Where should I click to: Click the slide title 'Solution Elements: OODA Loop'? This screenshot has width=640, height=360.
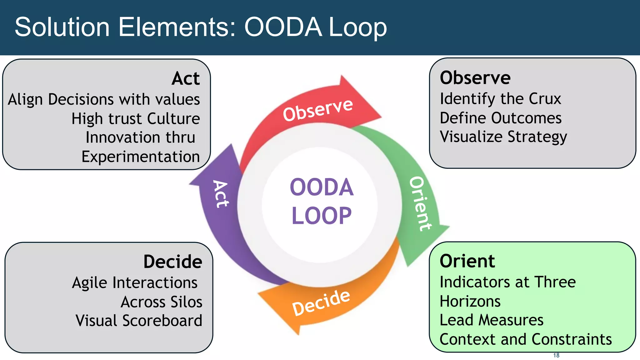tap(201, 27)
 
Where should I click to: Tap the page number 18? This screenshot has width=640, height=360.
tap(556, 355)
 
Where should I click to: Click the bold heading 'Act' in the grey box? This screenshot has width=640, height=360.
tap(186, 78)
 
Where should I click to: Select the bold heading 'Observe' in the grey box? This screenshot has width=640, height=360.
tap(475, 78)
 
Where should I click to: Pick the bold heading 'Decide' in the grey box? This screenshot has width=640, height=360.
tap(172, 262)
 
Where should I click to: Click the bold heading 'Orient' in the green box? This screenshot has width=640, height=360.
tap(467, 261)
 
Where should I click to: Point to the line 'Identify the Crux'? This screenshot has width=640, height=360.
tap(500, 99)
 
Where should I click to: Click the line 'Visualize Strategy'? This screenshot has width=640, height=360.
tap(503, 137)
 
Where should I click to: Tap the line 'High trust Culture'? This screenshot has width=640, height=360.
tap(136, 119)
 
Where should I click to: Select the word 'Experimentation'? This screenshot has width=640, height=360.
tap(141, 157)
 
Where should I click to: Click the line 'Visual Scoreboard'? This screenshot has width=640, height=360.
tap(139, 321)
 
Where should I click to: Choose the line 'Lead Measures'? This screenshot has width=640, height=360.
tap(491, 320)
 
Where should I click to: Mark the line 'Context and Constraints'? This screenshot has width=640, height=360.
tap(526, 340)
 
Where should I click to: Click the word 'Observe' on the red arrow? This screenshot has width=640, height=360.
tap(318, 109)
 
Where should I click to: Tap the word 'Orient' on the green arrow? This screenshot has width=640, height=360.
tap(421, 204)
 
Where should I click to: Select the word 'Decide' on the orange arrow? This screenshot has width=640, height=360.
tap(321, 302)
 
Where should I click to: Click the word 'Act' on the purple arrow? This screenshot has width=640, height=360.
tap(221, 194)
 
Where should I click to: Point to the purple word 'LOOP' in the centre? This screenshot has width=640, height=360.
tap(321, 216)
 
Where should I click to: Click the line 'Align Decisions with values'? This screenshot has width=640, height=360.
tap(104, 100)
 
